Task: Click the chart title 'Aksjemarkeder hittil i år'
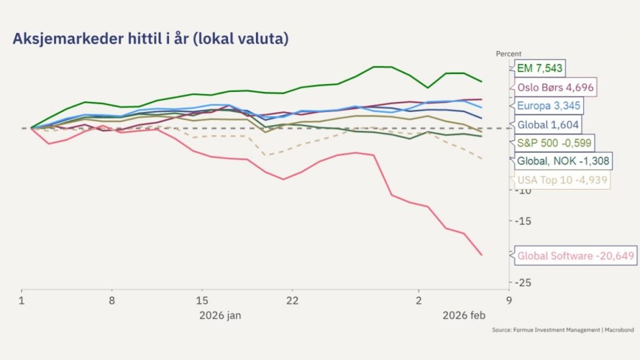pyautogui.click(x=150, y=39)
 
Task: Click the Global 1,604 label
pyautogui.click(x=547, y=124)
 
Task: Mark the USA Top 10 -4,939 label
pyautogui.click(x=562, y=180)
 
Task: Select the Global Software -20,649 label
pyautogui.click(x=576, y=256)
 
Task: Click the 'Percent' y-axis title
pyautogui.click(x=509, y=54)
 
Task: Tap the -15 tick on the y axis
pyautogui.click(x=524, y=221)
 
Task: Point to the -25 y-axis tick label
pyautogui.click(x=524, y=282)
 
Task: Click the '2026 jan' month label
pyautogui.click(x=220, y=315)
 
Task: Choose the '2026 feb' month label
pyautogui.click(x=463, y=315)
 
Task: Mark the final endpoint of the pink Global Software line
pyautogui.click(x=482, y=254)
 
